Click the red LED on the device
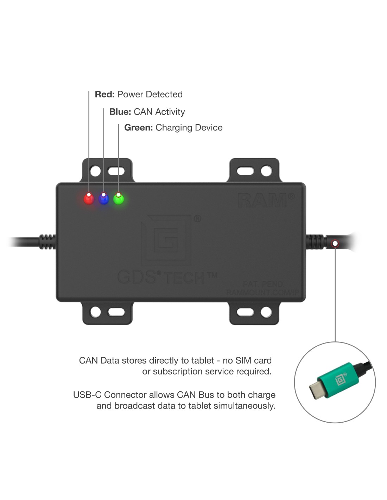click(89, 199)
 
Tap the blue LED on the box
click(104, 199)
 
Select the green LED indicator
click(119, 199)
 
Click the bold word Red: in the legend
click(105, 94)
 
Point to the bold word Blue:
click(120, 112)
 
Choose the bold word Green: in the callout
click(138, 128)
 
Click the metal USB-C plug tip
click(316, 390)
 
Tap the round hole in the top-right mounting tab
click(266, 171)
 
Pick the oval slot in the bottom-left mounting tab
click(116, 312)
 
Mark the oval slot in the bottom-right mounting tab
click(245, 312)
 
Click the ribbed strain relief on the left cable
click(47, 242)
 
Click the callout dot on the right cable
click(335, 243)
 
